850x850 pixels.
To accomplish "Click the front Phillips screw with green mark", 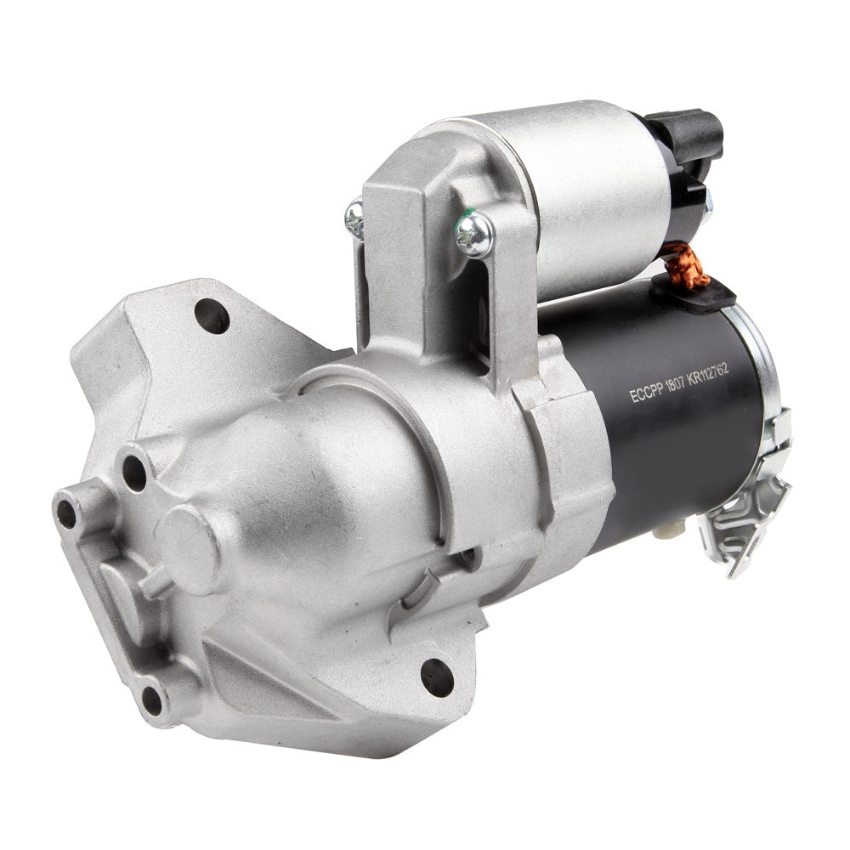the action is [x=473, y=235].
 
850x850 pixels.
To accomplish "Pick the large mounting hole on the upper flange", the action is [x=212, y=316].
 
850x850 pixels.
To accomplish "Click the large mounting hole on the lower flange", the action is [x=437, y=677].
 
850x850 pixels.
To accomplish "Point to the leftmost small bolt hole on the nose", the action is [x=66, y=514].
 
